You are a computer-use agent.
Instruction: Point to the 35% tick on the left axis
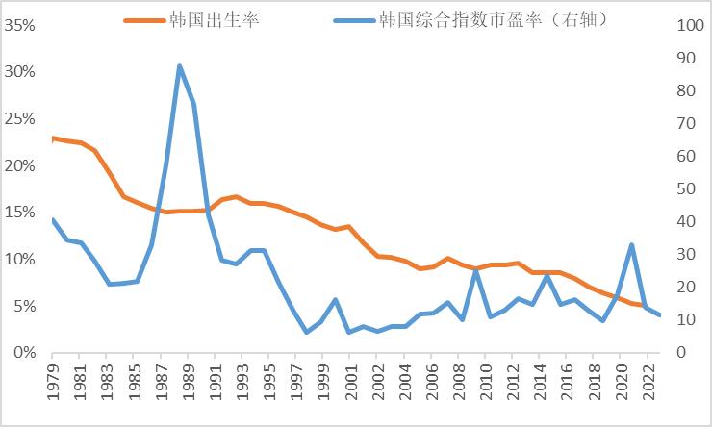20,26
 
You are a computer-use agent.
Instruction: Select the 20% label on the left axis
20,166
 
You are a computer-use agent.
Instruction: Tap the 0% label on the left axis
25,353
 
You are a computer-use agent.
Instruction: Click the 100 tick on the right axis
692,26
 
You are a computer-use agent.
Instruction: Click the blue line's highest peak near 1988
180,66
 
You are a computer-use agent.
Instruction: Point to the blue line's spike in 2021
631,244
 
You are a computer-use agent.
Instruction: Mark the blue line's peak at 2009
476,270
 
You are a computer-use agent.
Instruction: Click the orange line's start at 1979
52,138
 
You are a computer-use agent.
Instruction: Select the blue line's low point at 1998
306,332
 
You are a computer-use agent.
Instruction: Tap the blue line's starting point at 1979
52,219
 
